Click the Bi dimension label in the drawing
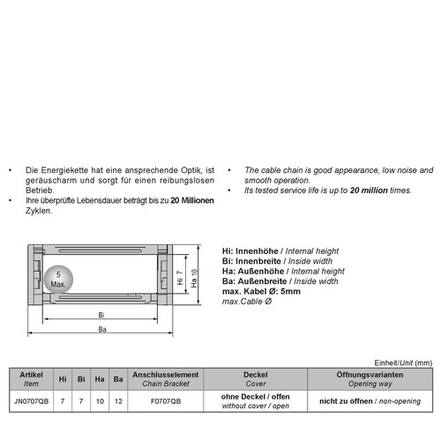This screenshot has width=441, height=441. [101, 314]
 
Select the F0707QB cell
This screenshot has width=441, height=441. [166, 400]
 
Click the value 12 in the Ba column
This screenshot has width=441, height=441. [118, 400]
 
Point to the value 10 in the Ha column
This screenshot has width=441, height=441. [100, 400]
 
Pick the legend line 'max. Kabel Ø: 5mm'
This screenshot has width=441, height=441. [260, 291]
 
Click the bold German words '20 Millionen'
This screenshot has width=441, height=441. [192, 200]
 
